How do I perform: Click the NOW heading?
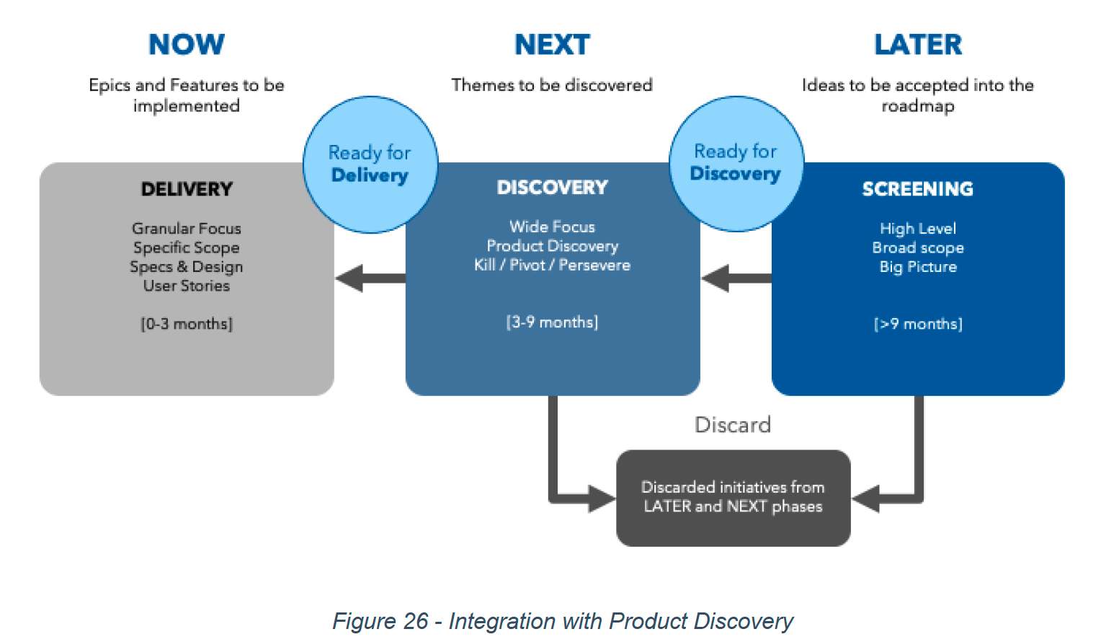pyautogui.click(x=187, y=45)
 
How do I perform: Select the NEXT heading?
pyautogui.click(x=552, y=45)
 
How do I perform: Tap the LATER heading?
pyautogui.click(x=918, y=45)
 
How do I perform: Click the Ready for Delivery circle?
pyautogui.click(x=370, y=164)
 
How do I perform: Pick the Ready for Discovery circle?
pyautogui.click(x=736, y=163)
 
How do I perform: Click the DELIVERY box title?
pyautogui.click(x=187, y=189)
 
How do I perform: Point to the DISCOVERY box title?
pyautogui.click(x=552, y=188)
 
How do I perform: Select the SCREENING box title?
pyautogui.click(x=918, y=189)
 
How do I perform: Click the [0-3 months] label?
pyautogui.click(x=187, y=324)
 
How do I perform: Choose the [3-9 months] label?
pyautogui.click(x=552, y=322)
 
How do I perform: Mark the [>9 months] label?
pyautogui.click(x=918, y=324)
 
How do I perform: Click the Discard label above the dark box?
pyautogui.click(x=733, y=425)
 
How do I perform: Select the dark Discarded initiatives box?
pyautogui.click(x=733, y=498)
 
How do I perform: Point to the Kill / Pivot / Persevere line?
pyautogui.click(x=552, y=265)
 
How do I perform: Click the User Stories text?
pyautogui.click(x=187, y=286)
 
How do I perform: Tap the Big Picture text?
pyautogui.click(x=918, y=267)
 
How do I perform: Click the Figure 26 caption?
pyautogui.click(x=562, y=621)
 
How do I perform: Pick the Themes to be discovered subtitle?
pyautogui.click(x=552, y=85)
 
